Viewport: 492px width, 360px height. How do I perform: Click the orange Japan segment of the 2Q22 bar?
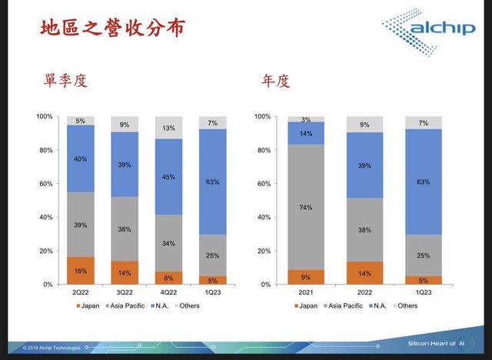click(80, 271)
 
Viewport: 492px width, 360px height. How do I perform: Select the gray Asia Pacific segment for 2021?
click(306, 207)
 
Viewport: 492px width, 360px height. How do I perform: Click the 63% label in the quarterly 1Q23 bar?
click(213, 182)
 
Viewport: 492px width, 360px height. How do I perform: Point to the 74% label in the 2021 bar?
click(306, 207)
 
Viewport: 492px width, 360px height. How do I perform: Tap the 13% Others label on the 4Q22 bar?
click(169, 128)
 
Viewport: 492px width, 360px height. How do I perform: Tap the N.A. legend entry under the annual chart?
click(374, 305)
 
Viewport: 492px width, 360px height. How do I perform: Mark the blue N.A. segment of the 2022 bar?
click(364, 165)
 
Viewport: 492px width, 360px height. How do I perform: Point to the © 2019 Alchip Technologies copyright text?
click(46, 348)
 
